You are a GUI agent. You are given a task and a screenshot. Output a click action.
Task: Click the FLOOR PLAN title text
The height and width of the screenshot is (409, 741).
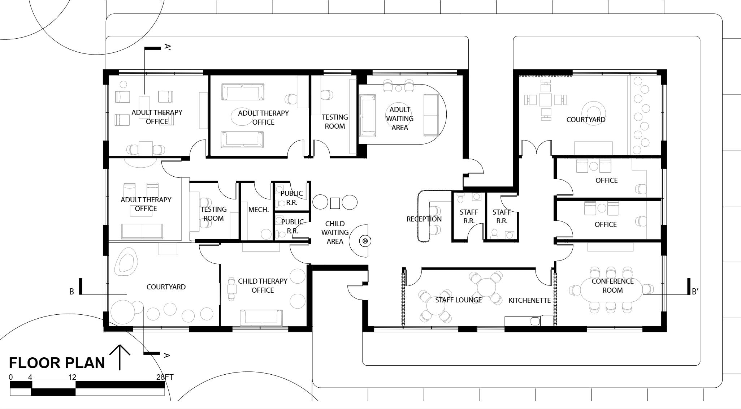(x=57, y=363)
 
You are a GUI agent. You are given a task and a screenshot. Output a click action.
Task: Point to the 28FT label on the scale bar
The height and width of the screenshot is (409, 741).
(x=165, y=377)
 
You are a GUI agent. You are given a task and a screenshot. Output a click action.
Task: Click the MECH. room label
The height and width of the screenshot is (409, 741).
(x=259, y=210)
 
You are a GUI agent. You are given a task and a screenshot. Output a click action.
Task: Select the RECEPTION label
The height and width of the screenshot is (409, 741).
(x=424, y=219)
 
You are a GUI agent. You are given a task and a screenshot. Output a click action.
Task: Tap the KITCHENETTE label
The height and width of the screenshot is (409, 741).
(x=530, y=300)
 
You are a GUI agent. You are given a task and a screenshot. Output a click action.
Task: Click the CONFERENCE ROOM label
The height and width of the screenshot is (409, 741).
(x=612, y=285)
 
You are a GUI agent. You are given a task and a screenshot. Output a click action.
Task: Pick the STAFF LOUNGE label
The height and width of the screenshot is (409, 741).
(x=458, y=300)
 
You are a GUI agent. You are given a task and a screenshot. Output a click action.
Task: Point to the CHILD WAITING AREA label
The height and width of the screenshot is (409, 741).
(x=335, y=232)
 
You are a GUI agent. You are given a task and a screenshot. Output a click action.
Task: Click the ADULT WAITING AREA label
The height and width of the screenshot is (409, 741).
(x=400, y=119)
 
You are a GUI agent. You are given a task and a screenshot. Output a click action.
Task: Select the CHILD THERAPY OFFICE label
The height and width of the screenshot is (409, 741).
(x=263, y=285)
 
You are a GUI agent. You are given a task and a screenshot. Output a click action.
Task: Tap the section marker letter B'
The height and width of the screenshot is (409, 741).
(x=695, y=292)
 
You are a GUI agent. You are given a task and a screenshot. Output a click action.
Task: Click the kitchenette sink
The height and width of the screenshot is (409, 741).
(x=535, y=321)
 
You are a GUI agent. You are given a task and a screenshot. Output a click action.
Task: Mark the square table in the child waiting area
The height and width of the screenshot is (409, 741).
(x=335, y=203)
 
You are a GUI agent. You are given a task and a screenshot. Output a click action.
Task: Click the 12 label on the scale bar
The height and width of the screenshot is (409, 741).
(x=72, y=377)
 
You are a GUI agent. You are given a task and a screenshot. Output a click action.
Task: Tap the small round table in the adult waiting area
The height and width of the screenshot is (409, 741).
(x=399, y=88)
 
